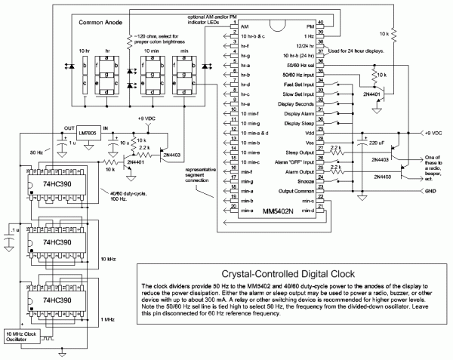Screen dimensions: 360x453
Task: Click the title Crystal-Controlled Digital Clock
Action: coord(290,275)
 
